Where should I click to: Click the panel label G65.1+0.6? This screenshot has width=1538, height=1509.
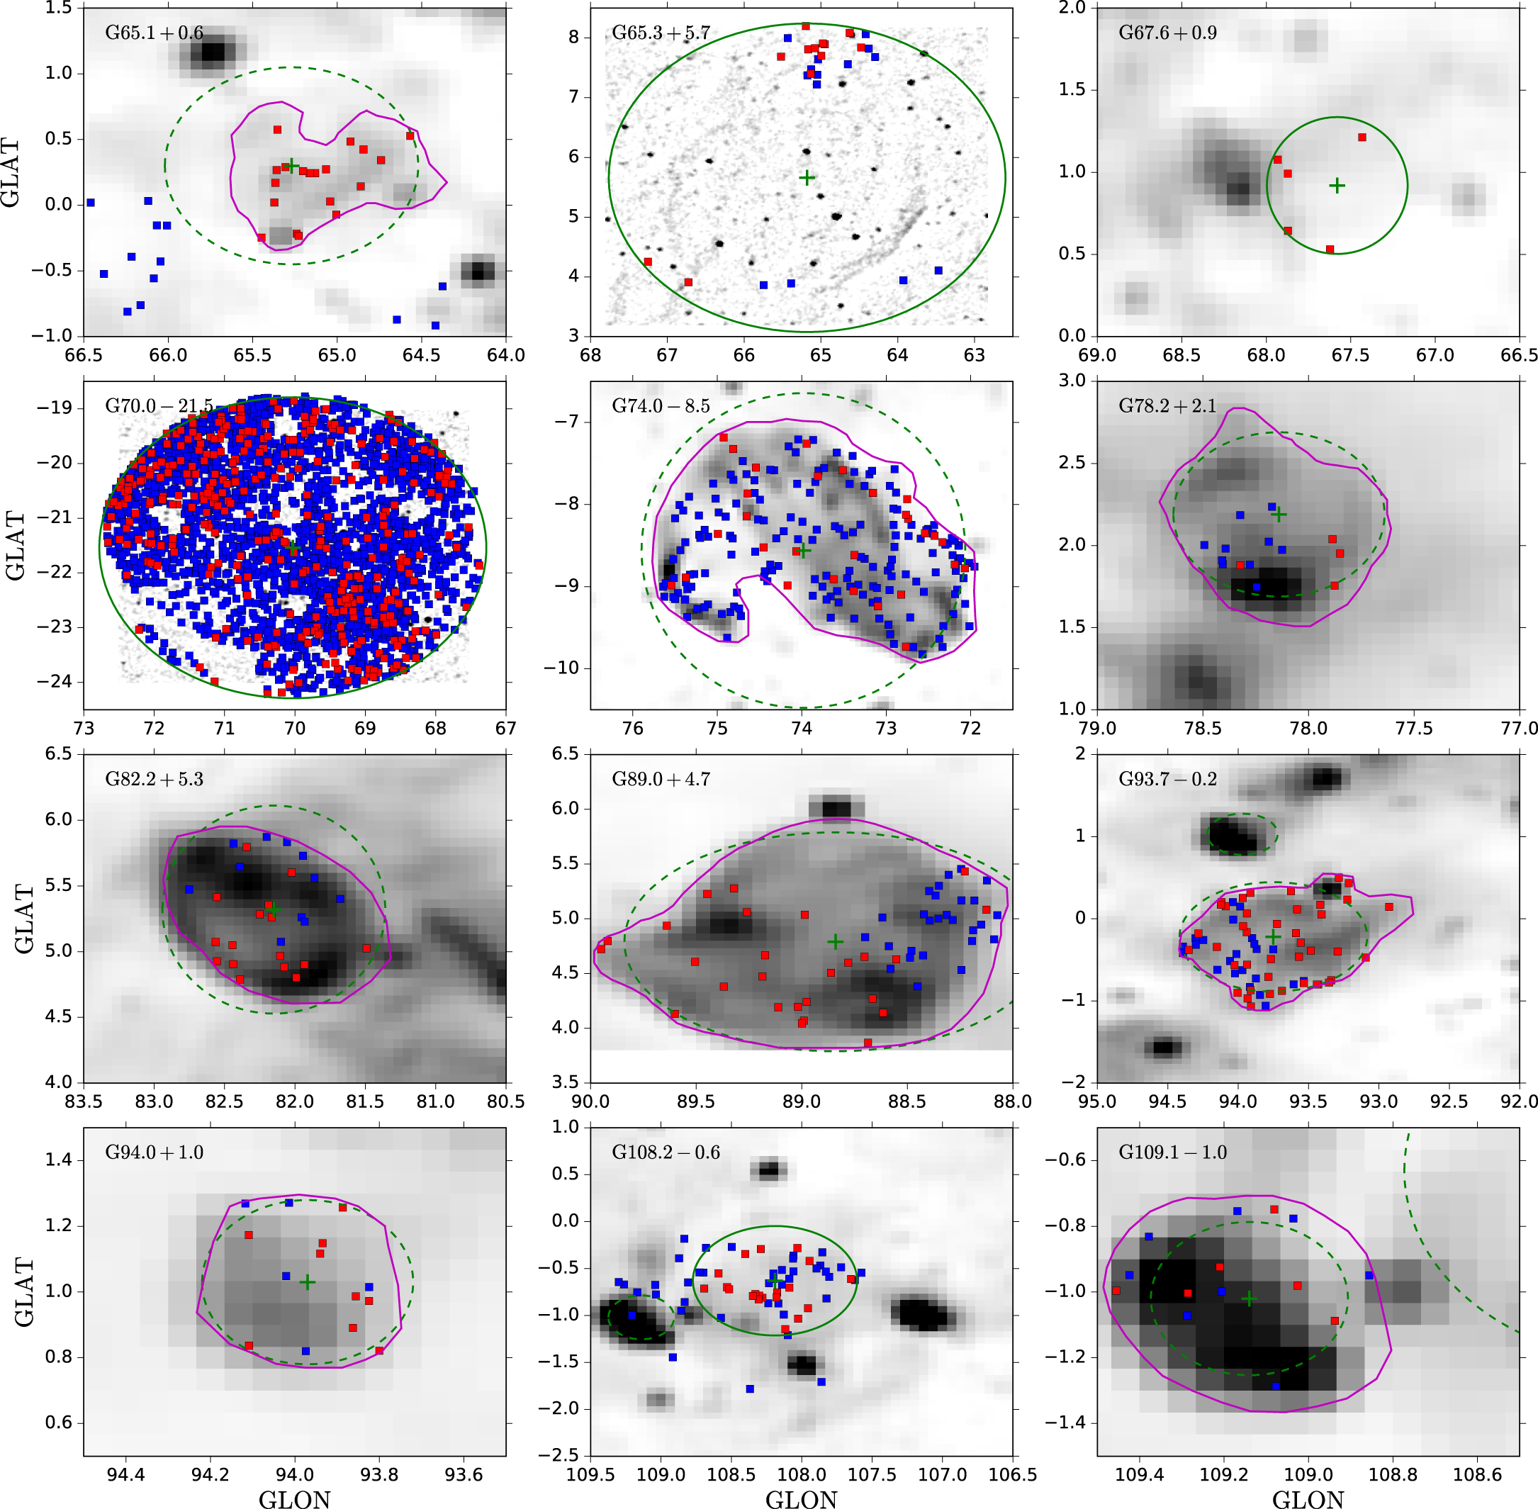pos(154,33)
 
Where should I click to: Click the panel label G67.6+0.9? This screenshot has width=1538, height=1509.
pos(1167,33)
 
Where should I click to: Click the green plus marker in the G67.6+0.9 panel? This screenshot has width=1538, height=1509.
pos(1337,186)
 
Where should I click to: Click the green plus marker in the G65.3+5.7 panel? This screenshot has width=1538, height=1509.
pos(807,177)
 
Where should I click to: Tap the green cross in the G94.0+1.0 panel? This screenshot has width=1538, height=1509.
pos(308,1281)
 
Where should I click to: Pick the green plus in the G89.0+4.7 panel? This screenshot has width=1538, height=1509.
pos(835,941)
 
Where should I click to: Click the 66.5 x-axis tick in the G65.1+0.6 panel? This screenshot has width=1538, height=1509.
pos(84,355)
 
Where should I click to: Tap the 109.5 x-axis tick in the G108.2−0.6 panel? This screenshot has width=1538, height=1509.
pos(591,1475)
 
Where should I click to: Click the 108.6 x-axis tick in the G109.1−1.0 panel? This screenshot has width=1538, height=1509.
pos(1477,1475)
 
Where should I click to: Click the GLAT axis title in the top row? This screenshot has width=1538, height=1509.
pos(11,172)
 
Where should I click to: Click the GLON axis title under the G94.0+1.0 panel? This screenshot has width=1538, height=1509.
pos(294,1498)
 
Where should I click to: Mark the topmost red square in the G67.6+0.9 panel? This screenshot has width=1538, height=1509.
pos(1362,137)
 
